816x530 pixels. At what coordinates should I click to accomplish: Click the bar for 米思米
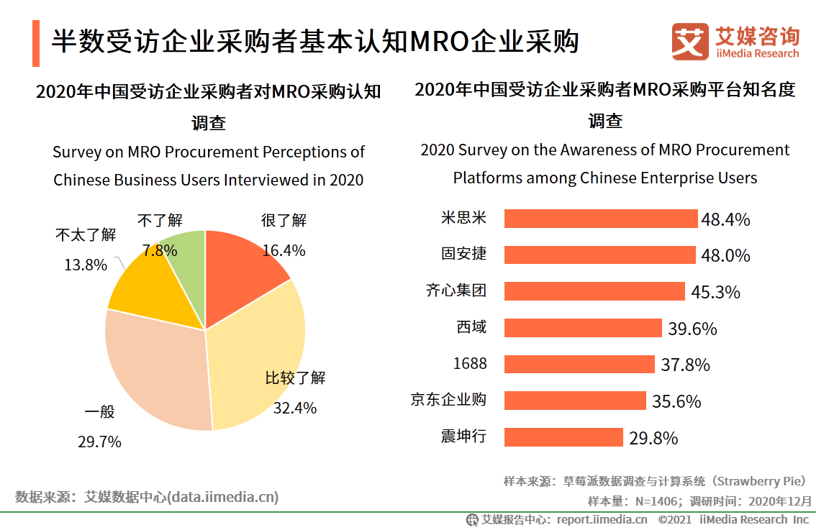click(x=601, y=219)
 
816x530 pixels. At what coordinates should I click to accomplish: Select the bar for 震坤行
click(x=563, y=437)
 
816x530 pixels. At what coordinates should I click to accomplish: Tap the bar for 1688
click(x=579, y=364)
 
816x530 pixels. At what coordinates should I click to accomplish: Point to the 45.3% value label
click(x=715, y=292)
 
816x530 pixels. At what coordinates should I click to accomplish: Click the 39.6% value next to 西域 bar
click(x=692, y=329)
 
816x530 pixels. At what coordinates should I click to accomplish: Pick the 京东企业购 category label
click(x=448, y=400)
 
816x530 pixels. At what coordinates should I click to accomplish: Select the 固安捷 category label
click(x=463, y=254)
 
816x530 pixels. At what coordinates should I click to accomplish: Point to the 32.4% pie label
click(x=295, y=408)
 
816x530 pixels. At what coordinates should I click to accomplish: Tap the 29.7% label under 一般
click(x=99, y=442)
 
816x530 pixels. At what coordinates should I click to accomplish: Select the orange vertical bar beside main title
click(x=36, y=43)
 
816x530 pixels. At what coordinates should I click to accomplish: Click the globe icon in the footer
click(x=473, y=519)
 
